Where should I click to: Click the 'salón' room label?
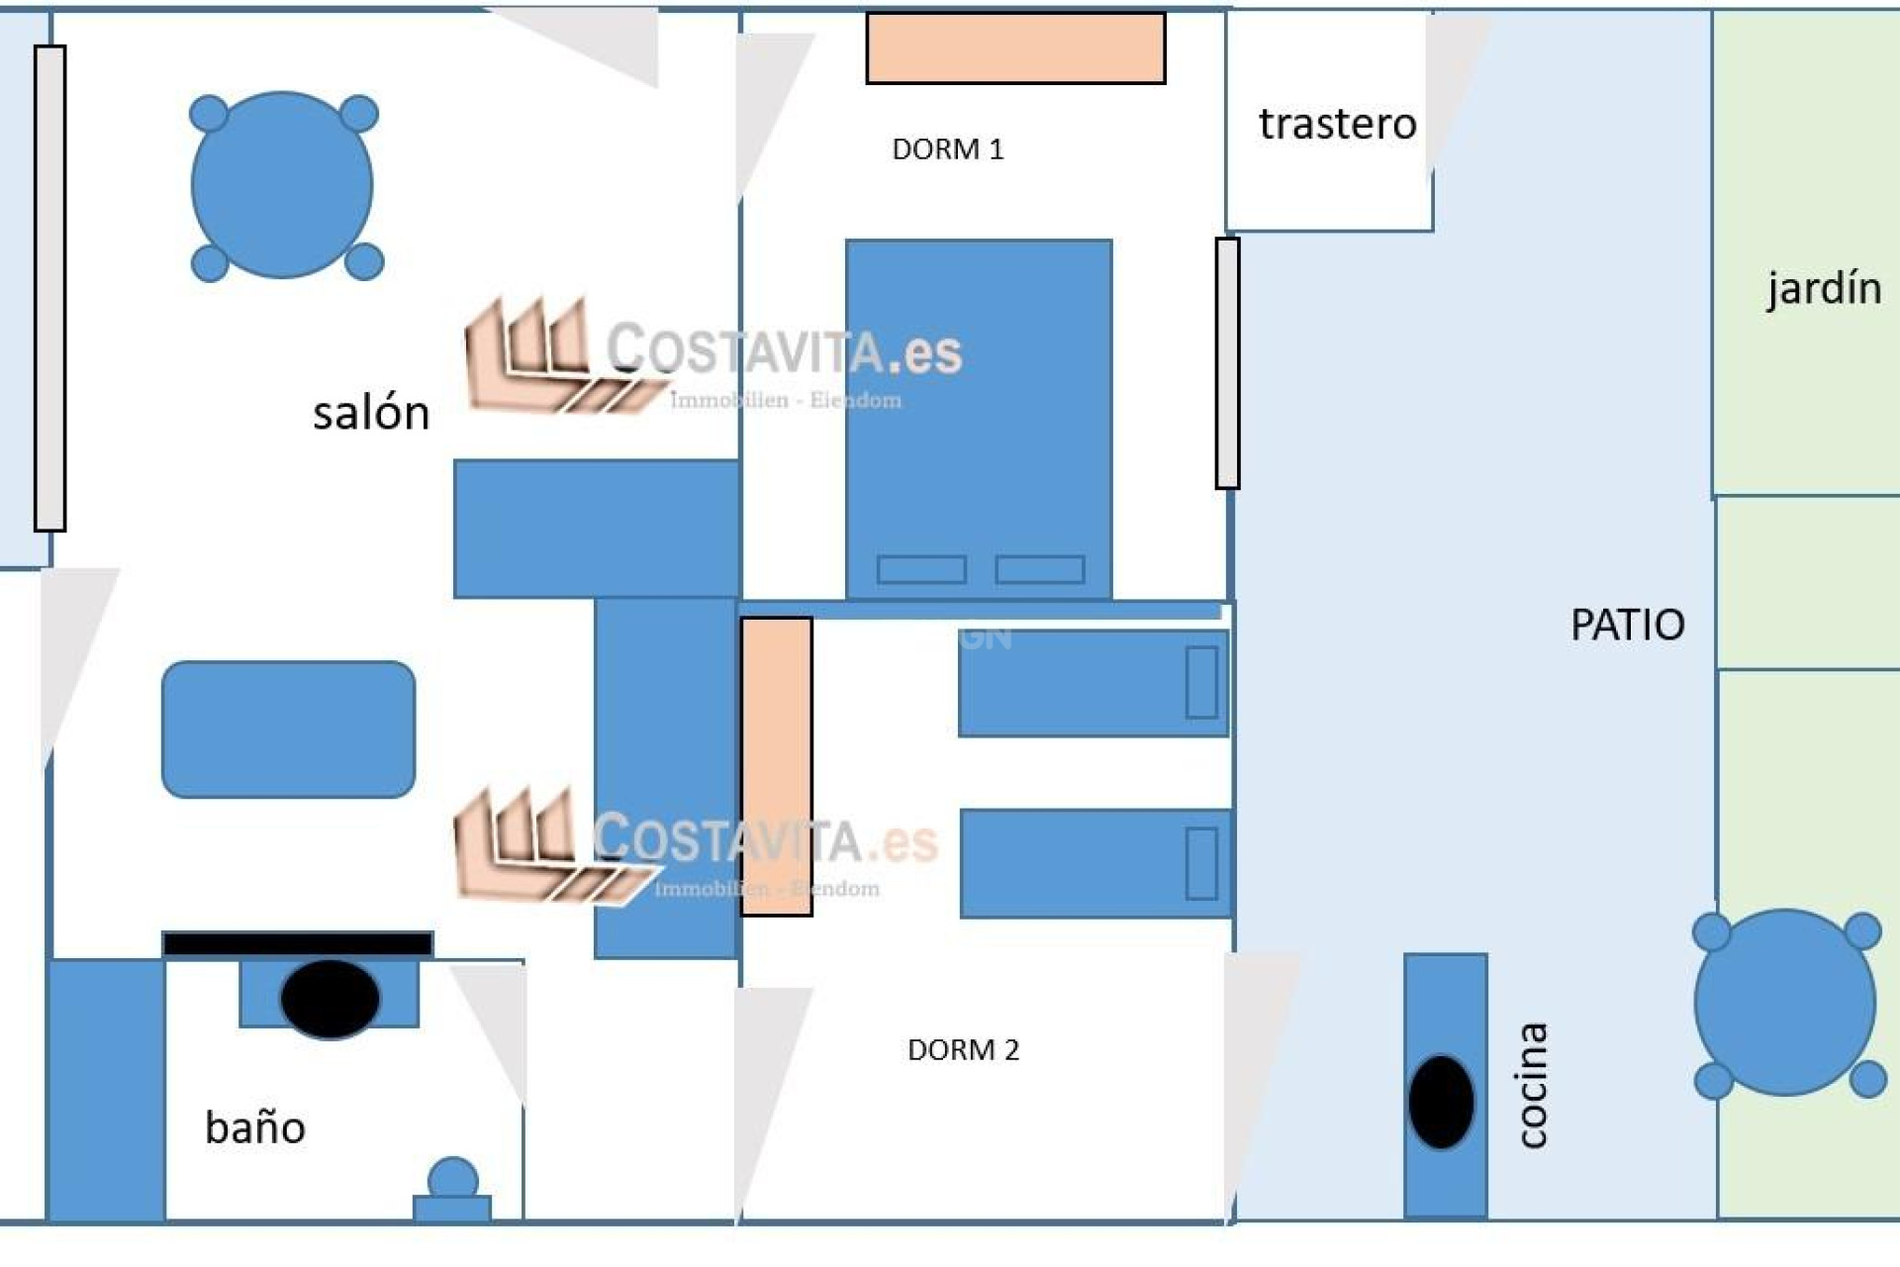click(371, 413)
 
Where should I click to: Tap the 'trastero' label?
click(1337, 124)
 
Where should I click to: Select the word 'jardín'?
click(1824, 288)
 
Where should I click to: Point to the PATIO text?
click(1628, 625)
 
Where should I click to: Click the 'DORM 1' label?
click(947, 149)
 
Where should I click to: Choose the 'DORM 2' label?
click(963, 1049)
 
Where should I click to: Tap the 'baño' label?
click(255, 1127)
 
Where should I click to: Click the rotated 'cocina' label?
click(1532, 1085)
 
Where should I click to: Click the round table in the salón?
click(282, 185)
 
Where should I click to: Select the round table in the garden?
click(1784, 1003)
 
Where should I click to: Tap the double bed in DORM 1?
click(979, 416)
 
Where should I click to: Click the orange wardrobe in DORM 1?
click(1015, 48)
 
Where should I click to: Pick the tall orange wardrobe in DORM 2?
click(777, 766)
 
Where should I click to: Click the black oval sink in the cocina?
click(1441, 1102)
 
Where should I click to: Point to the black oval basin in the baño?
click(330, 998)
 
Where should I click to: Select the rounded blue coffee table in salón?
click(288, 730)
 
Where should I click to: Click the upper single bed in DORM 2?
click(1093, 683)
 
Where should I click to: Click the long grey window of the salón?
click(49, 288)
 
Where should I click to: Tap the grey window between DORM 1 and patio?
click(1227, 363)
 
